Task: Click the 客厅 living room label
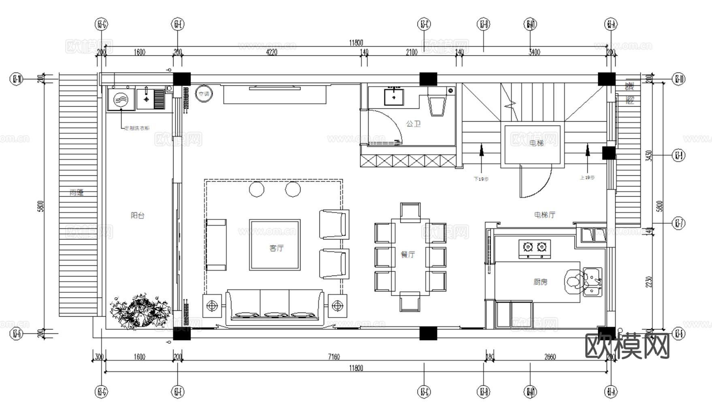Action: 276,248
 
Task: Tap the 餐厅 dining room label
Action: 408,254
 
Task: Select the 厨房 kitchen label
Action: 540,281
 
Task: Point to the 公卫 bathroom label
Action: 413,124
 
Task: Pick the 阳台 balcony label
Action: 138,215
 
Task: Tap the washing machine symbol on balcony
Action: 121,100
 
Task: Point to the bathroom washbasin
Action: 393,96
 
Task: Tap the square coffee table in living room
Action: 275,245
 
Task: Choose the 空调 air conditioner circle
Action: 204,94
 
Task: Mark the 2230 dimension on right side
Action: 649,282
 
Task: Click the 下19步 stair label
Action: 481,179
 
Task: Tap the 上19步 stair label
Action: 587,177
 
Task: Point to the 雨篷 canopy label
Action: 77,193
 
